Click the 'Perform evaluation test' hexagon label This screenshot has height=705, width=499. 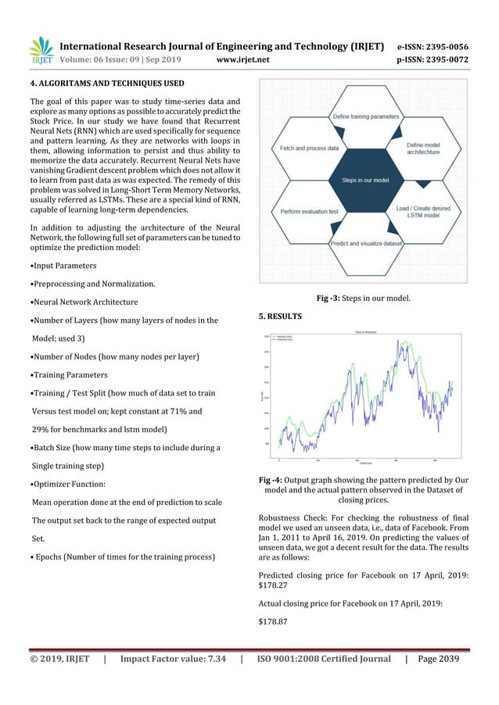pyautogui.click(x=308, y=211)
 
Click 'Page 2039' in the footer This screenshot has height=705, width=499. pyautogui.click(x=439, y=660)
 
